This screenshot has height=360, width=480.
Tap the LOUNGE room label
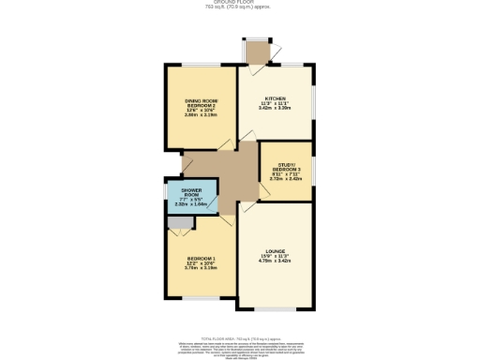(x=275, y=251)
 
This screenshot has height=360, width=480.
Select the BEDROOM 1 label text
(x=201, y=258)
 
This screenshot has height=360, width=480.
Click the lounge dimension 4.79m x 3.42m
(x=275, y=262)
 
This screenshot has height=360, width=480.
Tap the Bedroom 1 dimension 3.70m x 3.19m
(x=201, y=268)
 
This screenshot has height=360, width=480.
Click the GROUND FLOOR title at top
(x=240, y=3)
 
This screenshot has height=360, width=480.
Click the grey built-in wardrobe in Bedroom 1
(x=181, y=222)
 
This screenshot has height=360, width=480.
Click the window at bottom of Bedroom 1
(x=199, y=299)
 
